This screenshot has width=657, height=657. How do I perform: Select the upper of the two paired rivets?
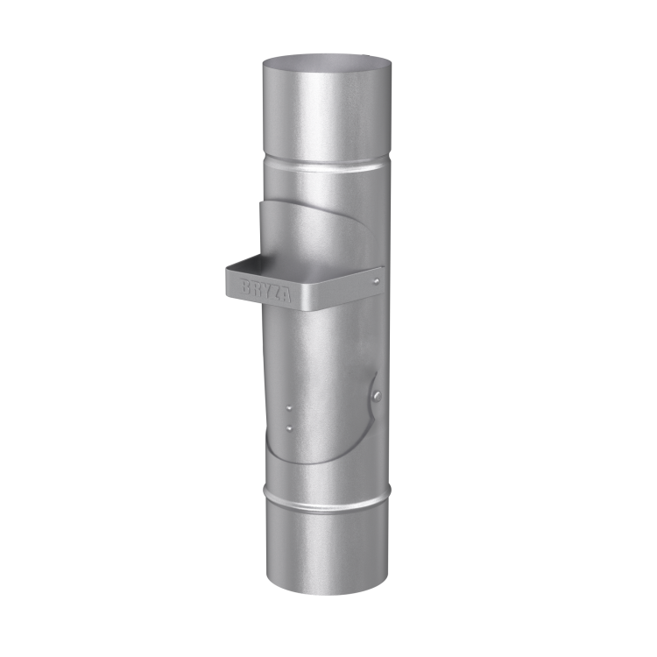pyautogui.click(x=289, y=408)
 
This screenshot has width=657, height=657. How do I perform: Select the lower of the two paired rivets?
pyautogui.click(x=289, y=427)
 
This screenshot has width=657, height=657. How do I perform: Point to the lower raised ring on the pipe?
pyautogui.click(x=328, y=496)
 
